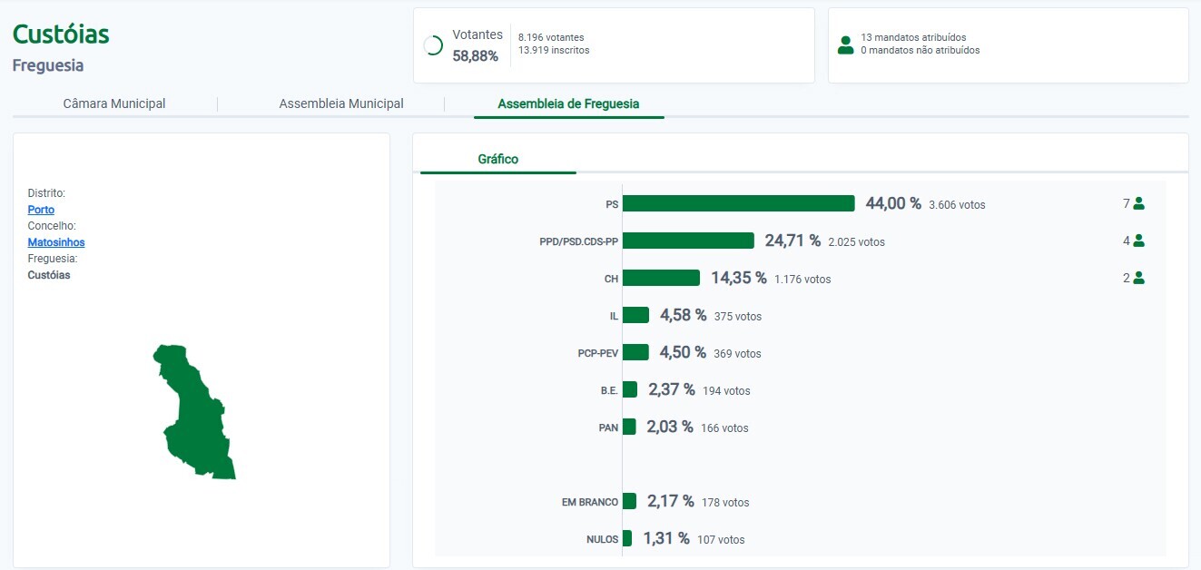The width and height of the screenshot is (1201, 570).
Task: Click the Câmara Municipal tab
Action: point(114,103)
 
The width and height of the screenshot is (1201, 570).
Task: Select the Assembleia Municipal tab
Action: point(341,103)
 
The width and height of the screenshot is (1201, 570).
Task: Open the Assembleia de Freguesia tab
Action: point(568,103)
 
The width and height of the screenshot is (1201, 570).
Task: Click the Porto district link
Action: point(41,210)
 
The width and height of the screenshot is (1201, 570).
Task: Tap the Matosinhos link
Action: point(56,242)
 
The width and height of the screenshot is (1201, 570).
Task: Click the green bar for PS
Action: point(738,203)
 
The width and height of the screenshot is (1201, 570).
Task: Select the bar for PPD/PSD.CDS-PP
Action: point(688,241)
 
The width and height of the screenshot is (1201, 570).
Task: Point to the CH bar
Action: point(661,278)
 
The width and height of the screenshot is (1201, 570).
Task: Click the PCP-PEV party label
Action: point(597,353)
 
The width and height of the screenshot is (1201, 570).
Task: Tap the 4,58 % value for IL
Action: point(683,315)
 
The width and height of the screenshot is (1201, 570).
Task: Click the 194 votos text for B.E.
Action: point(726,390)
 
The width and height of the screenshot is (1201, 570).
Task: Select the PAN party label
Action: point(608,427)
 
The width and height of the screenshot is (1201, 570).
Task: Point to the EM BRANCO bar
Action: point(629,501)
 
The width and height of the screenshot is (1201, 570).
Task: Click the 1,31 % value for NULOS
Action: point(666,538)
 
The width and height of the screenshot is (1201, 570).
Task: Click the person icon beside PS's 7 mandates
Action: point(1138,203)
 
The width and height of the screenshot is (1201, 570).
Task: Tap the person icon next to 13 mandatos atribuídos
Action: point(846,44)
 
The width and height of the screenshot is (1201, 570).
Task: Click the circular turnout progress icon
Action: point(434,44)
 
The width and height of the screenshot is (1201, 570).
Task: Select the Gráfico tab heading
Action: point(498,159)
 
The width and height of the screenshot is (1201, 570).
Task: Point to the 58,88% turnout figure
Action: point(476,55)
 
